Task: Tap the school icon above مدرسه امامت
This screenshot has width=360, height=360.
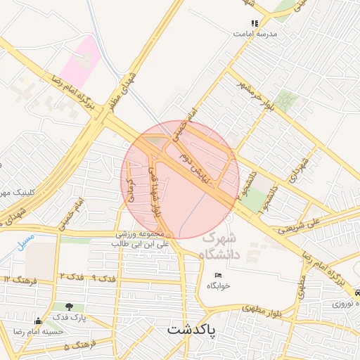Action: click(x=255, y=23)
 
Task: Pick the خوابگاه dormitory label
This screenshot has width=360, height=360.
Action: click(x=219, y=285)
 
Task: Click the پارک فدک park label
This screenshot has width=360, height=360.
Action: click(x=69, y=317)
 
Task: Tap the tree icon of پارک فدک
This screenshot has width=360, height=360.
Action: click(x=69, y=307)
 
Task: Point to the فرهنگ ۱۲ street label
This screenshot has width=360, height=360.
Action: click(x=17, y=280)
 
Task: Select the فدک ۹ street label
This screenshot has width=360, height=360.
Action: click(x=103, y=279)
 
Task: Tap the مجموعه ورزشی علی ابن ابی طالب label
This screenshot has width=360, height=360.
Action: click(x=141, y=238)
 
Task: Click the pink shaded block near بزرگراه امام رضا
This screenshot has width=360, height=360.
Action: click(x=81, y=62)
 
